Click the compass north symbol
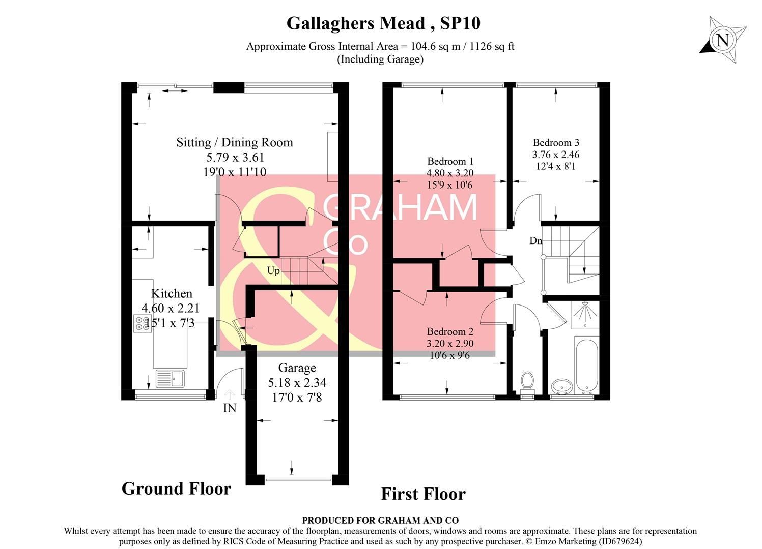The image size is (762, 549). click(722, 40)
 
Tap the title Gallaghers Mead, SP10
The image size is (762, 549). click(383, 23)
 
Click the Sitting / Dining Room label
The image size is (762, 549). click(235, 142)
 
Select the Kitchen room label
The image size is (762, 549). click(172, 293)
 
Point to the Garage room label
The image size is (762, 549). click(297, 368)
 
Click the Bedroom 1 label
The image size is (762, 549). click(450, 162)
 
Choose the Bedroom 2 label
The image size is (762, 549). click(450, 331)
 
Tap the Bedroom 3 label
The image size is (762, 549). click(556, 143)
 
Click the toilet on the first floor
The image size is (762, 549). click(527, 382)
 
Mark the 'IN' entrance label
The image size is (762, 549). click(230, 408)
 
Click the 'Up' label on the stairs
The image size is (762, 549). click(273, 271)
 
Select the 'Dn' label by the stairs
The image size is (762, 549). click(535, 241)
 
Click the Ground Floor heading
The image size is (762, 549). click(176, 489)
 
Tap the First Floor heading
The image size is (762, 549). click(423, 494)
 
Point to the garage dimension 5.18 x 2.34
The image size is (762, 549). click(297, 383)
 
